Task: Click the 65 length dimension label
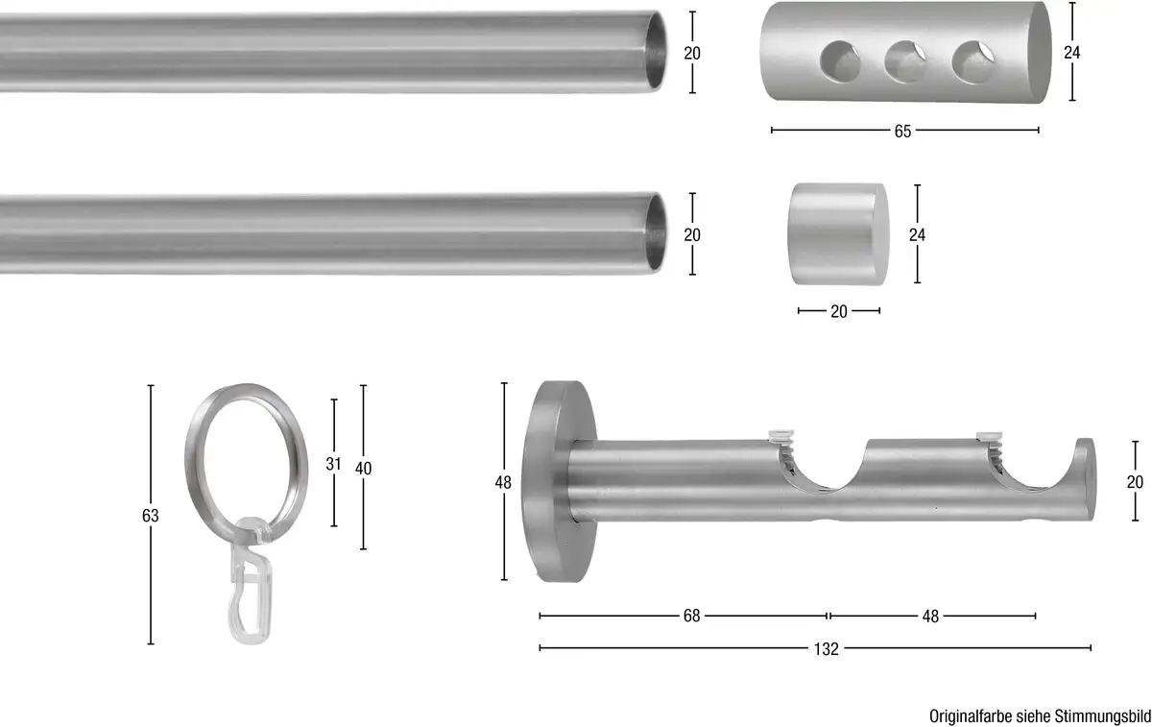902,132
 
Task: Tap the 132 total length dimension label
826,649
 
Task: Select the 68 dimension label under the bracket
692,616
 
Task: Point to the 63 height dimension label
150,516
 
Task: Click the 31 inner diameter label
333,464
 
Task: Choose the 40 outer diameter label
363,469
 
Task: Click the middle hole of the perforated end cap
905,61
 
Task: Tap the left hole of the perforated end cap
840,61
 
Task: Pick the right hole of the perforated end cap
972,62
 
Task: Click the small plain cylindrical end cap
838,234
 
